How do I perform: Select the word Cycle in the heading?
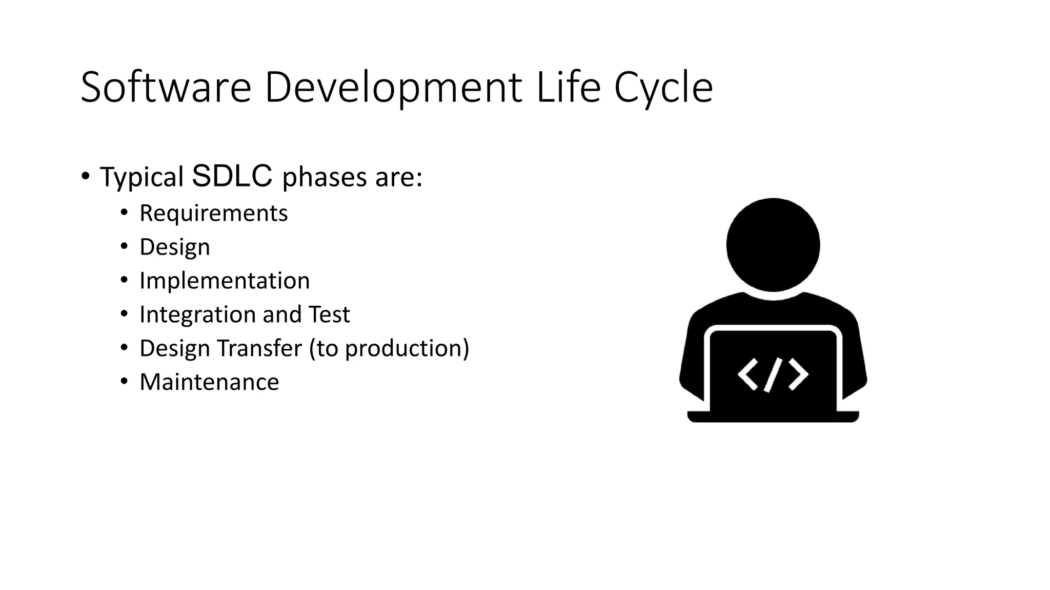point(663,88)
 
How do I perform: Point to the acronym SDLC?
point(232,176)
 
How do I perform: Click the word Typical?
point(142,178)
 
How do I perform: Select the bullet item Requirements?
point(213,213)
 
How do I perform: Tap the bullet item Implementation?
point(225,281)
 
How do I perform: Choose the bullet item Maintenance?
point(209,382)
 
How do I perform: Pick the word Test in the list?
point(329,314)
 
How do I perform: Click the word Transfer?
point(259,348)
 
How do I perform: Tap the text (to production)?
point(389,349)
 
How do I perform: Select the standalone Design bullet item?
point(175,247)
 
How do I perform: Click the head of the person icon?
point(773,245)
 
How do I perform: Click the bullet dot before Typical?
point(85,176)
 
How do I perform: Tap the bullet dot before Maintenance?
point(124,382)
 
